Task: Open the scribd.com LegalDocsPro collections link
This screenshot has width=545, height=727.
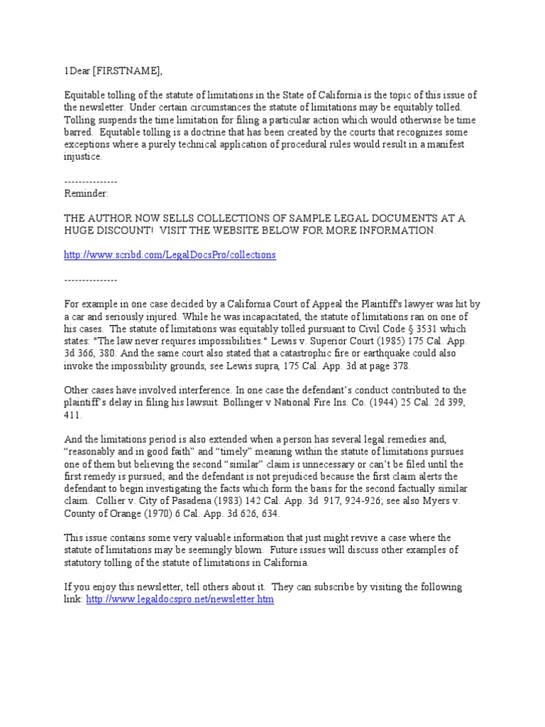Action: [x=170, y=254]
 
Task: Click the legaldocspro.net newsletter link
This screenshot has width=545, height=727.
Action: [x=180, y=599]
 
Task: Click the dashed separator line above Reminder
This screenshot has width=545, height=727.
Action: [x=91, y=181]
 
